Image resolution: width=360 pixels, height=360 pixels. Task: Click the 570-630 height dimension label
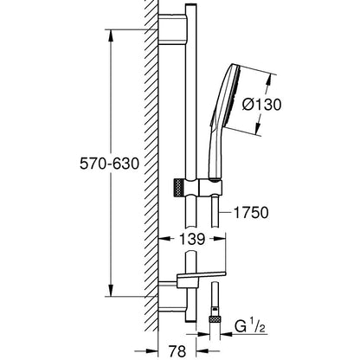110,164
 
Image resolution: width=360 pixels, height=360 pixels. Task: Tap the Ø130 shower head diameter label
261,104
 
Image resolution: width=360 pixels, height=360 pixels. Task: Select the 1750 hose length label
251,213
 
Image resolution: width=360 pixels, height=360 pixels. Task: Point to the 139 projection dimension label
192,239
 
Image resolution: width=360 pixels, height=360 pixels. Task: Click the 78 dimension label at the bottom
177,351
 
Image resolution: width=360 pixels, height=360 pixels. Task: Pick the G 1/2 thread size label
250,326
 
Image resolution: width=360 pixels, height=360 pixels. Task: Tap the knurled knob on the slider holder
179,188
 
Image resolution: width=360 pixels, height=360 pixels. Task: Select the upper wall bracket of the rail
172,29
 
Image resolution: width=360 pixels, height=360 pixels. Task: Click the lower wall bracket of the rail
172,297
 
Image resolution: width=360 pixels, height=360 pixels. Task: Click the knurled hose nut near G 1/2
215,319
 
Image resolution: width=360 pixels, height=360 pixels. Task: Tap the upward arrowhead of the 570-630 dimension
111,35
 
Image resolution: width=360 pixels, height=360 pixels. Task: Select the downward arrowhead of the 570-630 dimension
111,290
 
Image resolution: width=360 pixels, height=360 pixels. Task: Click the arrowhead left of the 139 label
164,239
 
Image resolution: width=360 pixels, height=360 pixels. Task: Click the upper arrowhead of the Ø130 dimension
269,80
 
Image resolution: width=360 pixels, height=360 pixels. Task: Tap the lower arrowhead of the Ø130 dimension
258,127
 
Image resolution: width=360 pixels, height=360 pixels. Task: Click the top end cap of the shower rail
191,6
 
